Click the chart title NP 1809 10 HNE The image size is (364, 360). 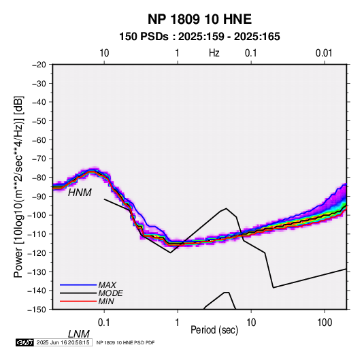point(199,19)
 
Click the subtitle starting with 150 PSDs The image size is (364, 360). point(199,37)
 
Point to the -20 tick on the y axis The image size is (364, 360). point(39,65)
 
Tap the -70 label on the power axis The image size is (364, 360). point(39,159)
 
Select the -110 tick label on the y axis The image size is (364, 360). point(37,234)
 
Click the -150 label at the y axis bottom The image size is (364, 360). point(37,310)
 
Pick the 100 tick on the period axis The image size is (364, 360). point(325,323)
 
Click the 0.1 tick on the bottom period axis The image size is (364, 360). point(104,323)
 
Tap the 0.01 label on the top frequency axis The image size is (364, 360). point(324,53)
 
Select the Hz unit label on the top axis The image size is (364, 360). point(214,53)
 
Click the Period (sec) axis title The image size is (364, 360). point(214,330)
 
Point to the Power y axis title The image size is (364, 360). point(18,186)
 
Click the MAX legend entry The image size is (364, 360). point(107,285)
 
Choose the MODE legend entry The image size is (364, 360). point(110,293)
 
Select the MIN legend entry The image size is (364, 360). point(106,301)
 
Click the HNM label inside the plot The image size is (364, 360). point(80,193)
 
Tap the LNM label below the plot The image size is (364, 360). point(79,334)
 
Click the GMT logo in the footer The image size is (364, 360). point(25,342)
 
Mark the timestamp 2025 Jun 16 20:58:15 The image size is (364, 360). point(63,342)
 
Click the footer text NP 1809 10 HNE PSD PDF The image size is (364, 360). point(125,342)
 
